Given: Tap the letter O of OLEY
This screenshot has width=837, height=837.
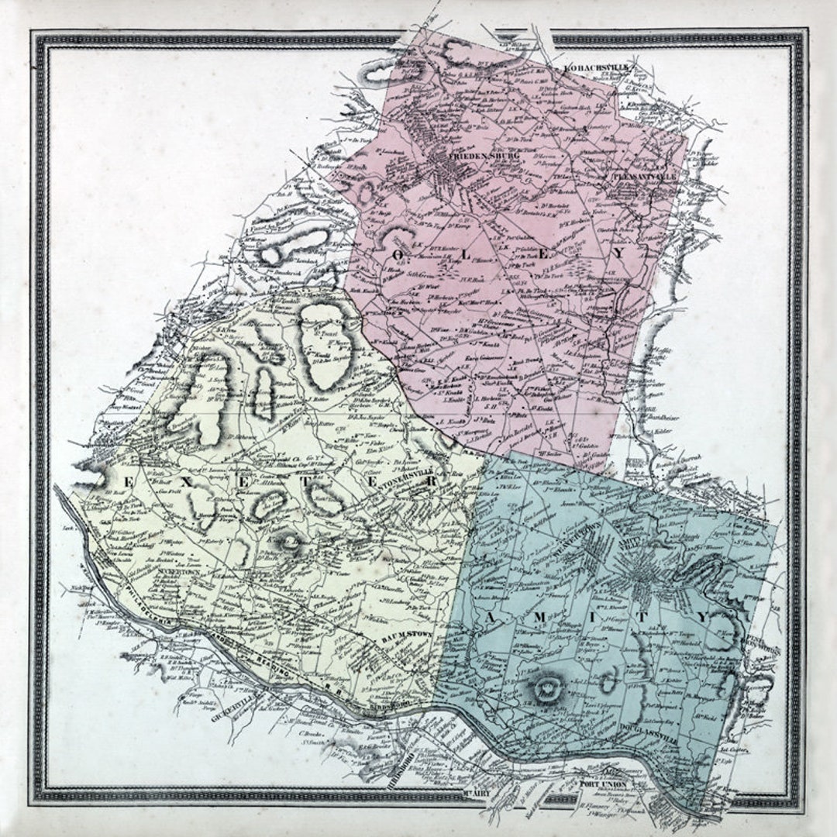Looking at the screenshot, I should pos(400,254).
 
